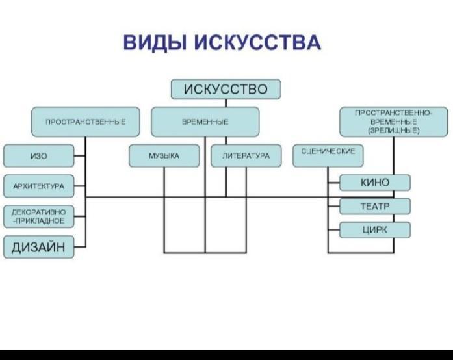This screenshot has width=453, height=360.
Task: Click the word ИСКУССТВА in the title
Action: click(x=257, y=42)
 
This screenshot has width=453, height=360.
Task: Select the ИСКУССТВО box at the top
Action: click(x=226, y=89)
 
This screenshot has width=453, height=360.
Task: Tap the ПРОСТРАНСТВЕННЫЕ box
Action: click(x=86, y=122)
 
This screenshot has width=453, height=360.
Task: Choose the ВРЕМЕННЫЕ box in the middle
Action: click(x=205, y=122)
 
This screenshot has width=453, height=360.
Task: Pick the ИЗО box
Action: click(x=39, y=156)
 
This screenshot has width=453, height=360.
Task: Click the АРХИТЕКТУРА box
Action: click(x=39, y=186)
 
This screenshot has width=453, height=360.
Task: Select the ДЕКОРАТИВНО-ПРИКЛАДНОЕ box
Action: click(x=39, y=216)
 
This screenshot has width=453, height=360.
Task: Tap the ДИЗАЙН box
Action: click(x=39, y=247)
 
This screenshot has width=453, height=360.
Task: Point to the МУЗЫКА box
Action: click(x=164, y=156)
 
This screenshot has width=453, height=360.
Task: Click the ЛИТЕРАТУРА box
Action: click(x=246, y=156)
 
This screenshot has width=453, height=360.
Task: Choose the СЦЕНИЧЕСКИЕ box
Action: click(x=328, y=156)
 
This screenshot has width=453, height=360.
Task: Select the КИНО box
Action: click(x=375, y=183)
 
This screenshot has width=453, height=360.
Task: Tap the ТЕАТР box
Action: click(x=375, y=206)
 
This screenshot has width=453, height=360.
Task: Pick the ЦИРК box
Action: click(x=375, y=230)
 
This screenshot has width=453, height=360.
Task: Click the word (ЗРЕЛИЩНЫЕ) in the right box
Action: click(x=393, y=131)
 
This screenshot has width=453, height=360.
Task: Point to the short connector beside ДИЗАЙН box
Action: click(x=80, y=247)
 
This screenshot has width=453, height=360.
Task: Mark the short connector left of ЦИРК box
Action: click(x=333, y=230)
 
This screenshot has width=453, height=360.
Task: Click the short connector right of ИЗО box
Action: click(x=80, y=156)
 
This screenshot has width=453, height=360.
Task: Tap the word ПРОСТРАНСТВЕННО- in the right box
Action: click(x=393, y=113)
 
